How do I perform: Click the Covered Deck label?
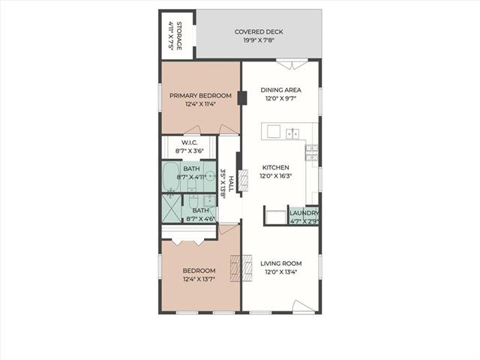tap(259, 31)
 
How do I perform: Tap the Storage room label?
tap(179, 36)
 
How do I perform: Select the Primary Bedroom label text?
tap(200, 96)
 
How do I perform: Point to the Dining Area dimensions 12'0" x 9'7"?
tap(280, 99)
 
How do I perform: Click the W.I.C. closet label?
tap(190, 142)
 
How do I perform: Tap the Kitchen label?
tap(275, 167)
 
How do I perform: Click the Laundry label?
tap(304, 213)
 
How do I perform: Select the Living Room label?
tap(281, 263)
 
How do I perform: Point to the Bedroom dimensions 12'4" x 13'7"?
tap(199, 279)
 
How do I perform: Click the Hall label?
tap(231, 184)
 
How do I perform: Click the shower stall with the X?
tap(172, 208)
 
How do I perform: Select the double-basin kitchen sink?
tap(292, 133)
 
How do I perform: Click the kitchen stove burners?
tap(311, 153)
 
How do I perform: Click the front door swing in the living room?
tap(304, 307)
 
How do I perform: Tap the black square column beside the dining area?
tap(242, 98)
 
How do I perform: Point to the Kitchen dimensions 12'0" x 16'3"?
tap(275, 176)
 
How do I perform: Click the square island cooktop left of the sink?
tap(274, 132)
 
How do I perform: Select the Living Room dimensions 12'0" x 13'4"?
tap(281, 271)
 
